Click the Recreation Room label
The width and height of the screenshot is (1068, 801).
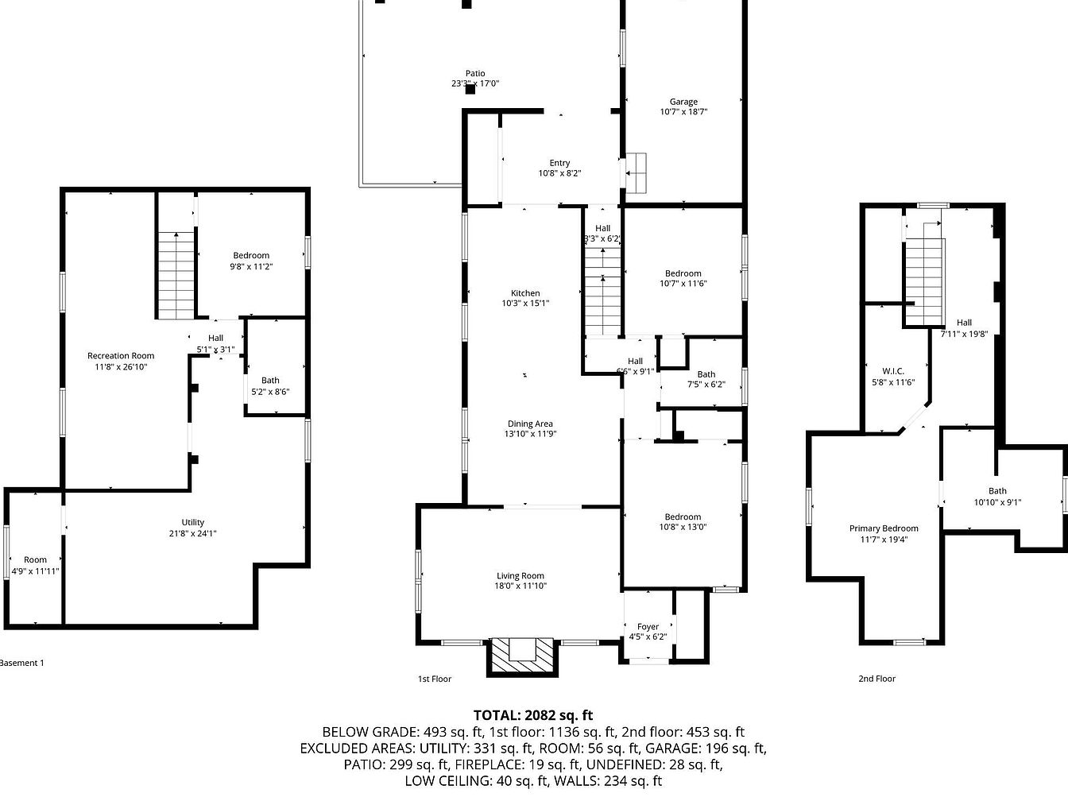tap(121, 355)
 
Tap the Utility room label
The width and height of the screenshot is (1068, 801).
tap(192, 522)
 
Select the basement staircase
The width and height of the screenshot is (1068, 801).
tap(176, 275)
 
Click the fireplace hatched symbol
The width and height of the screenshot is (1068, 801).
tap(522, 656)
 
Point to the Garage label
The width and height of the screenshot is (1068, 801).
tap(683, 101)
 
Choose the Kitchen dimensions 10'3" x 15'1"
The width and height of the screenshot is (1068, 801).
tap(525, 303)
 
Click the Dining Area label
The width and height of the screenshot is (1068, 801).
tap(530, 424)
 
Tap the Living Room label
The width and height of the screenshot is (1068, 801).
tap(520, 575)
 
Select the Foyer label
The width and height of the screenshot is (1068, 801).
tap(648, 626)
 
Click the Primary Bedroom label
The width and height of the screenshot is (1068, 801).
tap(884, 528)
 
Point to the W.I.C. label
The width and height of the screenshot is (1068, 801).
tap(893, 371)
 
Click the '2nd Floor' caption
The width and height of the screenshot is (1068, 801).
tap(876, 679)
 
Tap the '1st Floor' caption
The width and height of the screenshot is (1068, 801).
tap(435, 679)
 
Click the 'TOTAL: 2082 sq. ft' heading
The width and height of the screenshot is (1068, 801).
tap(533, 715)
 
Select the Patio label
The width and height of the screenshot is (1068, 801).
tap(475, 73)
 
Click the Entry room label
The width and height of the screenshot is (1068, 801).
tap(559, 163)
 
